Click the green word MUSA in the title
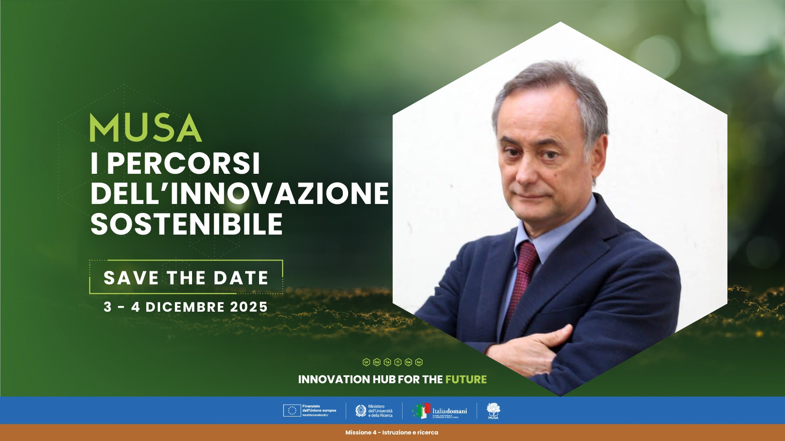tap(145, 128)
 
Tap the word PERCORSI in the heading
tap(183, 164)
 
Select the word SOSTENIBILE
tap(186, 224)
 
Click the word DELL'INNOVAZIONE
tap(239, 193)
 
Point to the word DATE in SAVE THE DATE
tap(241, 278)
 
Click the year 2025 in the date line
tap(249, 307)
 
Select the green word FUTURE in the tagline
tap(466, 379)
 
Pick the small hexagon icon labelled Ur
tap(366, 362)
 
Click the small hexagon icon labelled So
tap(419, 362)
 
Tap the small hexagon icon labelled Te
tap(387, 362)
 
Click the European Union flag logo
tap(292, 410)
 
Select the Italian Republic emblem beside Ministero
tap(361, 410)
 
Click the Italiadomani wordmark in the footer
tap(450, 411)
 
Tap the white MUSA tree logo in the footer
tap(493, 410)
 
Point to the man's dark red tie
tap(521, 277)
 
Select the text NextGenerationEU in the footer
tap(315, 415)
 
